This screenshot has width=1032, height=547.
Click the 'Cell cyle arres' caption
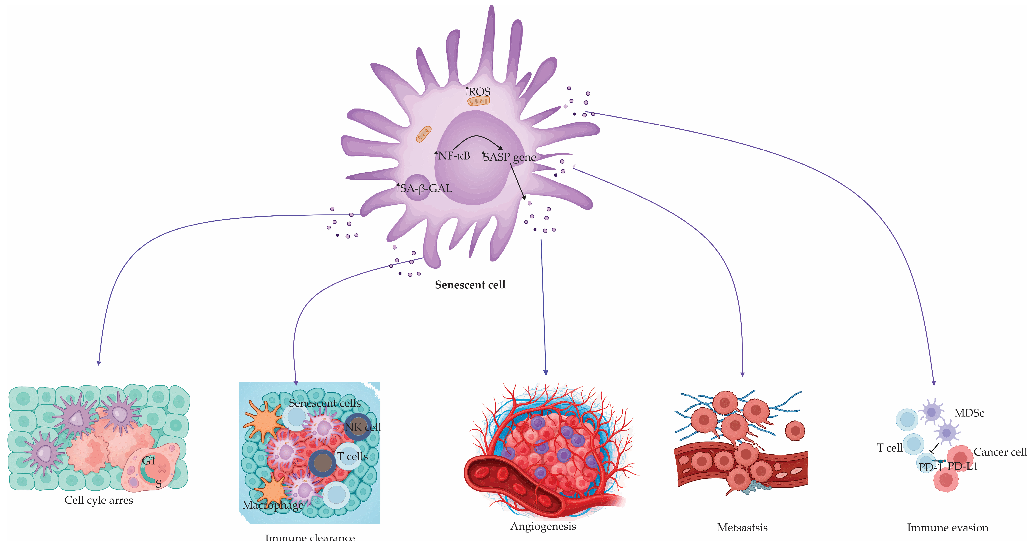(99, 500)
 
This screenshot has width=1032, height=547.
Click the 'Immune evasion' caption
(947, 527)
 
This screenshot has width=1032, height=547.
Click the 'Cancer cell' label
(1000, 452)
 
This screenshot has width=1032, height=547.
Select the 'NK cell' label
(363, 427)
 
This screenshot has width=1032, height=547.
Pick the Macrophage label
(273, 505)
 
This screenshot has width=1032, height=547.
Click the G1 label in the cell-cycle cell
(149, 461)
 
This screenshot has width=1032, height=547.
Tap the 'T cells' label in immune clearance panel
(353, 456)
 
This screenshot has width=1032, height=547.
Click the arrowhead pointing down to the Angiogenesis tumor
(546, 373)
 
